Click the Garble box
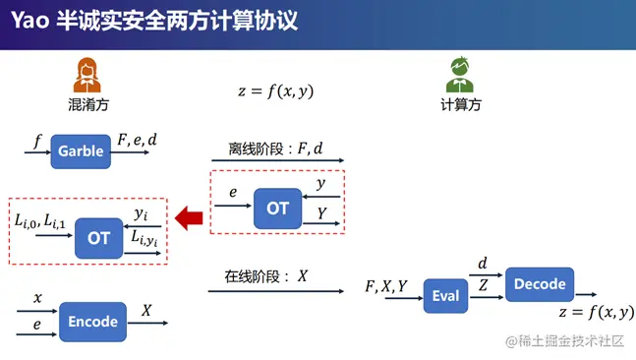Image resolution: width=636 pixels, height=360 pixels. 81,151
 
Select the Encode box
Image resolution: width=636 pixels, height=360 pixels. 93,322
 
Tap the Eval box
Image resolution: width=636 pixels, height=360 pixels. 446,295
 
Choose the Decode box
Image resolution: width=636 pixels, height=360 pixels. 540,284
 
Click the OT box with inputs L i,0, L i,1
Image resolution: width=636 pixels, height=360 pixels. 99,237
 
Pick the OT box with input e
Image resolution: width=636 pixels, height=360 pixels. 278,209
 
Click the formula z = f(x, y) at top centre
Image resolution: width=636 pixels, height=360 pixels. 275,90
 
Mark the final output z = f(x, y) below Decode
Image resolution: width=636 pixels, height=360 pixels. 596,314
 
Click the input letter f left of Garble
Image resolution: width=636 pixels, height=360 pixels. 37,142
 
